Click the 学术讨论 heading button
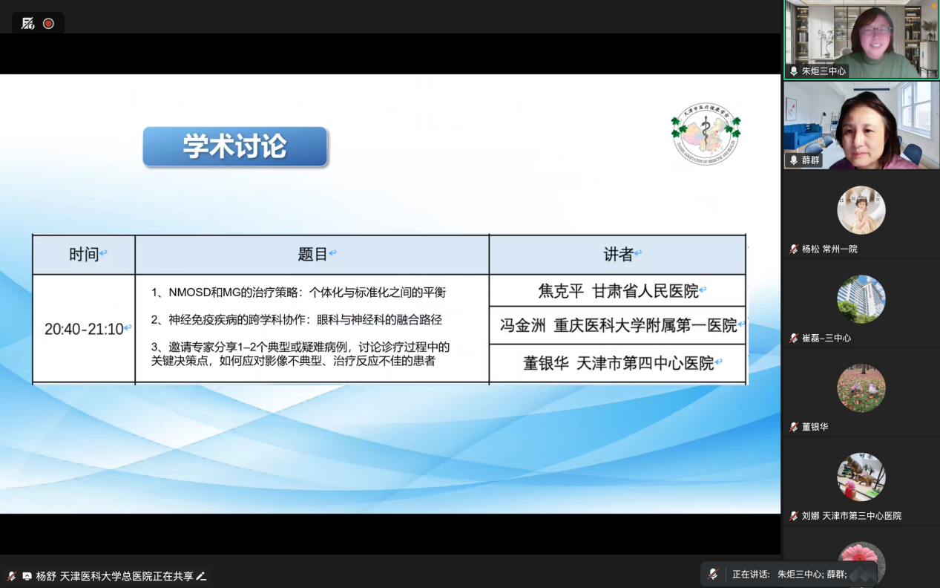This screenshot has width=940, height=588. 235,146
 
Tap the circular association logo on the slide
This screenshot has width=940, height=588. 706,134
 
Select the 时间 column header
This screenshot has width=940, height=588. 84,255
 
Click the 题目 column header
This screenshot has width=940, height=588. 312,255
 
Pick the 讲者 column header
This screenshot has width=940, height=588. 618,255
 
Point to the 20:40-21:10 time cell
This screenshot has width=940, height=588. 84,329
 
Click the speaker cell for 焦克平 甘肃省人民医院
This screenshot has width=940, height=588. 618,291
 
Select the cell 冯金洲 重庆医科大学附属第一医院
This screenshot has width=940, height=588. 618,325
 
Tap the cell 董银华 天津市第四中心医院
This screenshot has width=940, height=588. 618,363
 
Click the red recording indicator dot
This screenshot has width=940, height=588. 48,24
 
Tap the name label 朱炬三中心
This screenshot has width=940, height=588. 824,71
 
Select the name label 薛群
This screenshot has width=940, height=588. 810,160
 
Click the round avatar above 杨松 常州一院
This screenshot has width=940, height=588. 861,210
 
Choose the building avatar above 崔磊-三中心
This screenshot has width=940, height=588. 861,299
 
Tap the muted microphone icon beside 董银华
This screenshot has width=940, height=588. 794,427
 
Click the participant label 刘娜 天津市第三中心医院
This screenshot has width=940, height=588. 851,516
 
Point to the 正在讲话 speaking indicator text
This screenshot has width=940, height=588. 751,574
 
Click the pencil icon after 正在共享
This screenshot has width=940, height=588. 201,576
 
